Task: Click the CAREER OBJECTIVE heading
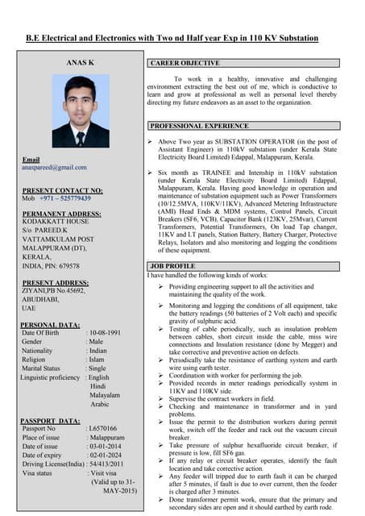pos(185,63)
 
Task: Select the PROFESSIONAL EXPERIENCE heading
pos(199,127)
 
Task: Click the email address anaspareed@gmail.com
pos(54,167)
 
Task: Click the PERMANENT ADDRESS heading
pos(61,214)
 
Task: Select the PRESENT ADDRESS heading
pos(56,283)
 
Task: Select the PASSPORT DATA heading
pos(49,420)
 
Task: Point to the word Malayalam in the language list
pos(105,396)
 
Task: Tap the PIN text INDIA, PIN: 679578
pos(51,265)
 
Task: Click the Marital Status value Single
pos(97,368)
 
